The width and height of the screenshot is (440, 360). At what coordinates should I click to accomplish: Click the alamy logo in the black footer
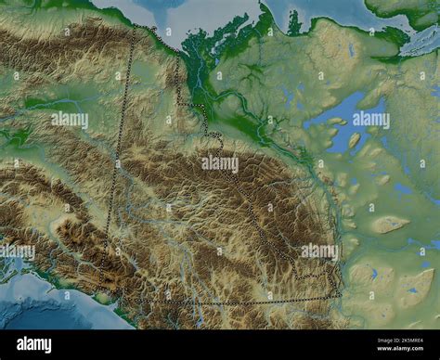(37, 345)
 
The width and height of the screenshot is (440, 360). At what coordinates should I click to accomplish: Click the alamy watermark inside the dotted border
(220, 164)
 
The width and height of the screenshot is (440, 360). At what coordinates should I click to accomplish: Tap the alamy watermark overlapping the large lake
(369, 119)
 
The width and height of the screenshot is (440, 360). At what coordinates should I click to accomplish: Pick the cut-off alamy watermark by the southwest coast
(17, 251)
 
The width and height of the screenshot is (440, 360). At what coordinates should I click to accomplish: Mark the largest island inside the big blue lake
(354, 141)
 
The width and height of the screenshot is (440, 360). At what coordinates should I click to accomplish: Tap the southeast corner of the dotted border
(338, 295)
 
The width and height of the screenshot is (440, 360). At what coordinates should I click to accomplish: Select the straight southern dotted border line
(223, 303)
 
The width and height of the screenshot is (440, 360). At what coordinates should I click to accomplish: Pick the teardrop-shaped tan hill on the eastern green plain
(388, 224)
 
